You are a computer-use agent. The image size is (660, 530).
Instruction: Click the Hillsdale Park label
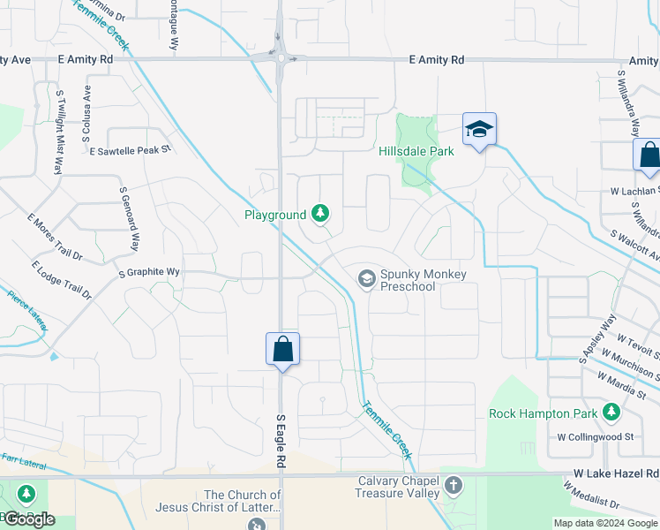(416, 151)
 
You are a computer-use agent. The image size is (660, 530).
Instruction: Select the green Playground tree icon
(320, 214)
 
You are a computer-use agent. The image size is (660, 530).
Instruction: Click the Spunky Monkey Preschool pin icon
(366, 279)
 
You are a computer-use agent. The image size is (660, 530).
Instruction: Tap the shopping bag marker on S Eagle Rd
(282, 350)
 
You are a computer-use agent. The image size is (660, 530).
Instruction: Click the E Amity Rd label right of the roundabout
(438, 59)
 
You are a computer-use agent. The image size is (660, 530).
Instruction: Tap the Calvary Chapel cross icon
(454, 486)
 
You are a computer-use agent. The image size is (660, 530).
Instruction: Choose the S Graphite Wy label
(149, 273)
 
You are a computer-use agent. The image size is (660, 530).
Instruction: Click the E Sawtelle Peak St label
(130, 150)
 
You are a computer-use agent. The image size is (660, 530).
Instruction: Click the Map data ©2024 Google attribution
(605, 523)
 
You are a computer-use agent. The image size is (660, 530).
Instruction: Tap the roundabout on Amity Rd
(281, 58)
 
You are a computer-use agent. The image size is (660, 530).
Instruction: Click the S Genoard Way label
(130, 220)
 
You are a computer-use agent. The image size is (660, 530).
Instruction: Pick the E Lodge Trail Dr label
(62, 280)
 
